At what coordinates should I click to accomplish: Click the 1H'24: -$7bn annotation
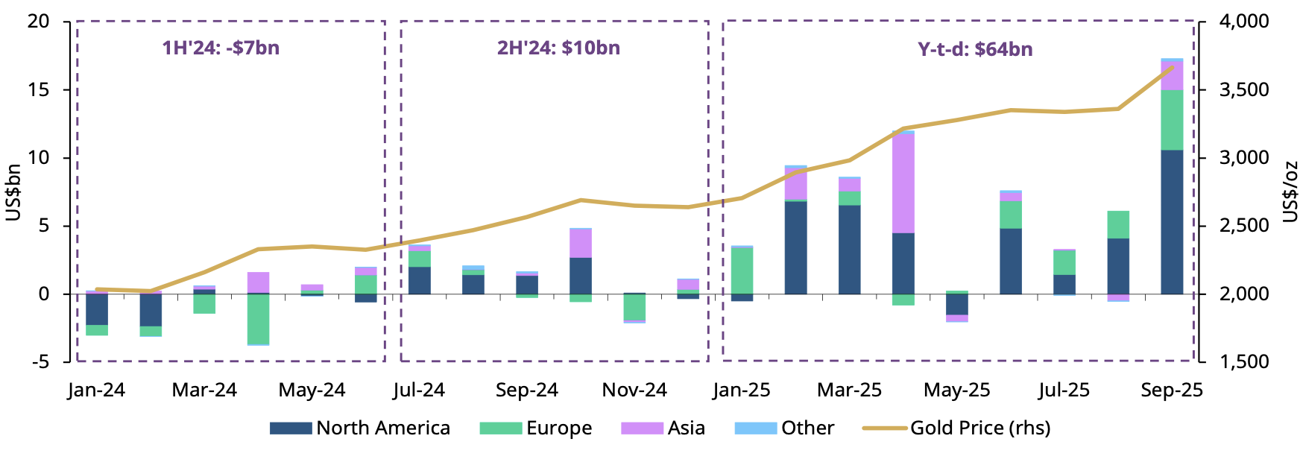point(221,48)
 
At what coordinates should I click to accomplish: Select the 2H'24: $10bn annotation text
point(558,48)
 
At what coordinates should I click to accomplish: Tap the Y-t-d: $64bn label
point(975,49)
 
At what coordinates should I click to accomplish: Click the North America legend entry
point(360,428)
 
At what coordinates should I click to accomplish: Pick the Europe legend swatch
point(500,428)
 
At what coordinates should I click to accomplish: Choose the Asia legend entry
point(663,428)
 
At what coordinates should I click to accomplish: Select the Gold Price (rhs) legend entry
point(957,428)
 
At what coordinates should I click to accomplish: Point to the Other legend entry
point(784,428)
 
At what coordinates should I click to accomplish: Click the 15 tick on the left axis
point(38,89)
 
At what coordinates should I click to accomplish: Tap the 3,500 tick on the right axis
point(1243,89)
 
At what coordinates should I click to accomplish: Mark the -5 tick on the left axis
point(38,361)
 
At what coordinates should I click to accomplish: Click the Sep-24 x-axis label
point(526,390)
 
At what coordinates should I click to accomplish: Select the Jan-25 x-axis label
point(741,390)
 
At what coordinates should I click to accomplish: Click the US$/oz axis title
point(1290,192)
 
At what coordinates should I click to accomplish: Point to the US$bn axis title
point(13,192)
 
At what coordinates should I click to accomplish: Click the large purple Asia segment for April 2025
point(903,183)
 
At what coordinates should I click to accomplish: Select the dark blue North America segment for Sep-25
point(1172,222)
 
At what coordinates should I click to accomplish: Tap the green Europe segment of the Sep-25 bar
point(1172,120)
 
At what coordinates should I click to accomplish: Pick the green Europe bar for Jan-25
point(742,270)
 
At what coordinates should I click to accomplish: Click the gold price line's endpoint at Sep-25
point(1173,67)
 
